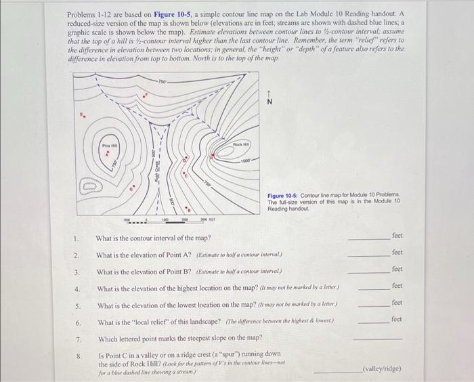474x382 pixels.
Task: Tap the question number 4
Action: coord(79,289)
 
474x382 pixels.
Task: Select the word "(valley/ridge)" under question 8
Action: coord(382,370)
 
